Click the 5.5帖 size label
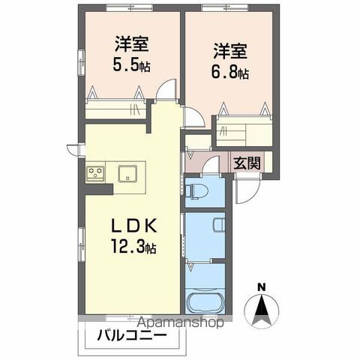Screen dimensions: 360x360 [x=132, y=65]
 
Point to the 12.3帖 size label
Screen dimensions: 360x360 [x=135, y=245]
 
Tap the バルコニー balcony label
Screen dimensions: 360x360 [x=132, y=337]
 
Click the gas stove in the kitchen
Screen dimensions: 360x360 [x=95, y=173]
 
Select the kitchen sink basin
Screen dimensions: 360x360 [x=127, y=173]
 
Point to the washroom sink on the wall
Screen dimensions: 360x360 [x=218, y=224]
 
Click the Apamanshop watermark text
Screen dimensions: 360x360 [x=172, y=324]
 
